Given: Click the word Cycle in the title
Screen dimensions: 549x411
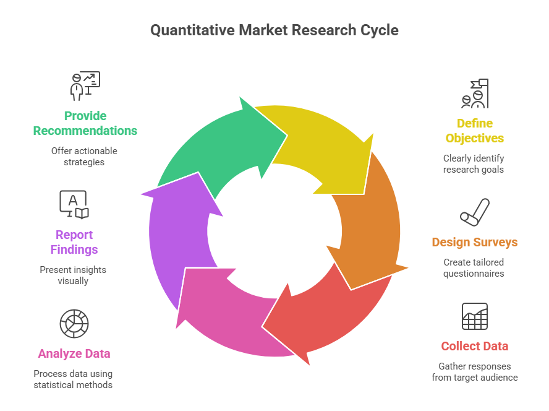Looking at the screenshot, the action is pyautogui.click(x=379, y=30).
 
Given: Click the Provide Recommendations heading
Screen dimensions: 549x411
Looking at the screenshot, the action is pyautogui.click(x=85, y=123).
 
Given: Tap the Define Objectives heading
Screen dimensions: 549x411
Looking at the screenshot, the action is pyautogui.click(x=474, y=131).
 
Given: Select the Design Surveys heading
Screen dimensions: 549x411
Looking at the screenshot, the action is pyautogui.click(x=474, y=242).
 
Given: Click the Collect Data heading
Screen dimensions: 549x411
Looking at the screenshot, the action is pyautogui.click(x=474, y=346).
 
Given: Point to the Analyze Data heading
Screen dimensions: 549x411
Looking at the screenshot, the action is pyautogui.click(x=74, y=353).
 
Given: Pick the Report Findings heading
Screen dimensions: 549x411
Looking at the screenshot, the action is pyautogui.click(x=74, y=242).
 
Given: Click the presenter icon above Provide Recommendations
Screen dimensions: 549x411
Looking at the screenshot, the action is pyautogui.click(x=85, y=86).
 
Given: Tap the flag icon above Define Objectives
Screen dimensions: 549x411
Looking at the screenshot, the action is pyautogui.click(x=475, y=93).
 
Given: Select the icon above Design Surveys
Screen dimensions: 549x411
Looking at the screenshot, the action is pyautogui.click(x=475, y=212).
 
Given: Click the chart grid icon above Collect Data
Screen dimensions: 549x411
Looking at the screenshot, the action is pyautogui.click(x=475, y=316).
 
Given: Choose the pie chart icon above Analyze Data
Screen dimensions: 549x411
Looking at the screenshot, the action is pyautogui.click(x=74, y=323).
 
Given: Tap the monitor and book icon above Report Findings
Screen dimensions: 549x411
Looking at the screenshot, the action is pyautogui.click(x=74, y=205).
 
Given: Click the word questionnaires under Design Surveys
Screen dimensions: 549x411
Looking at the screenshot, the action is pyautogui.click(x=474, y=274).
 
